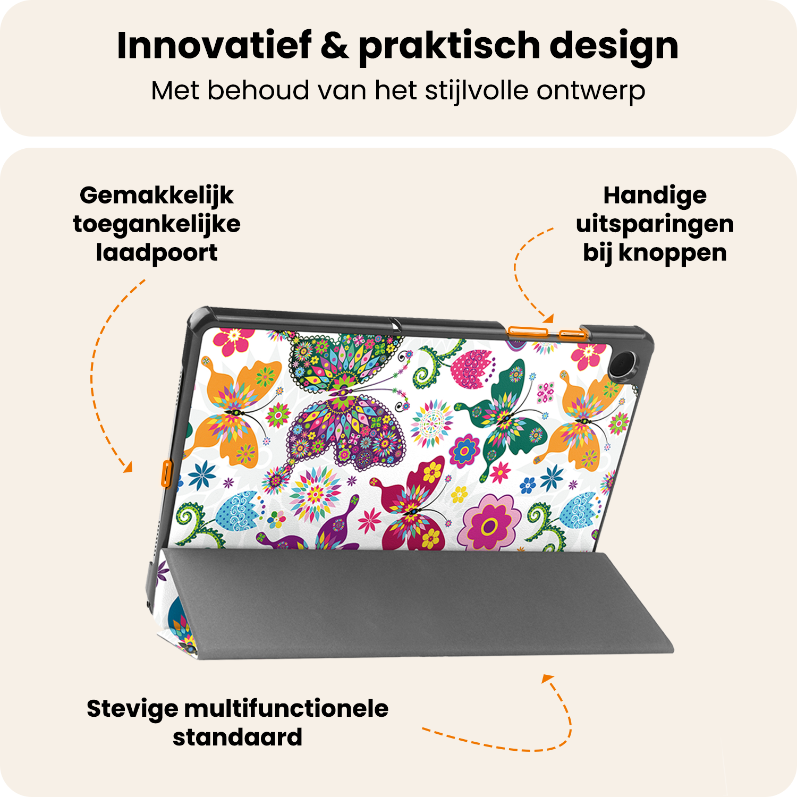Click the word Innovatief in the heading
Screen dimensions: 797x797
(x=214, y=46)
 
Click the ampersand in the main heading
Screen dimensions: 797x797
(x=335, y=46)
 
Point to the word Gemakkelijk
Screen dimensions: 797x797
(x=156, y=196)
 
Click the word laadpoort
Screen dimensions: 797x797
(x=156, y=253)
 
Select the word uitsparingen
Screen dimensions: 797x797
(x=655, y=225)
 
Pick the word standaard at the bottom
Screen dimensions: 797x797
(x=238, y=737)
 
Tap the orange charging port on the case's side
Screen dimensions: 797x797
(x=166, y=474)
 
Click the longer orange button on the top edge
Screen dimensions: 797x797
(x=528, y=332)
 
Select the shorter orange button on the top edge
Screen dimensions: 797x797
(x=572, y=334)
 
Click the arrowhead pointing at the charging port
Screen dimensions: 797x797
(x=128, y=468)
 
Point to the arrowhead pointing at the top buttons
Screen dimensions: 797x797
(x=548, y=319)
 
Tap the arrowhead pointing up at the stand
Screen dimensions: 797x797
(x=547, y=679)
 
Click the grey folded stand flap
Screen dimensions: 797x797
(x=414, y=606)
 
